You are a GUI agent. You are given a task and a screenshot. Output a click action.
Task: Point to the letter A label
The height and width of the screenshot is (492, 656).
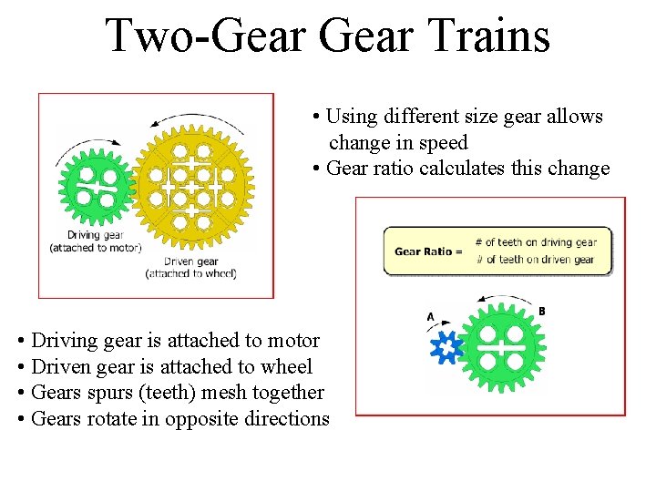431,316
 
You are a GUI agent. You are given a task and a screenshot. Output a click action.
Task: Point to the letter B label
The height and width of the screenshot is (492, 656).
541,312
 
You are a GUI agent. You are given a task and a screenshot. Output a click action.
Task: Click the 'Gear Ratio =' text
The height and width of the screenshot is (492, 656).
427,251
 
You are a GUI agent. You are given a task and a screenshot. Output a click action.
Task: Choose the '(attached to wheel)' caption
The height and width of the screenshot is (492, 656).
191,273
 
